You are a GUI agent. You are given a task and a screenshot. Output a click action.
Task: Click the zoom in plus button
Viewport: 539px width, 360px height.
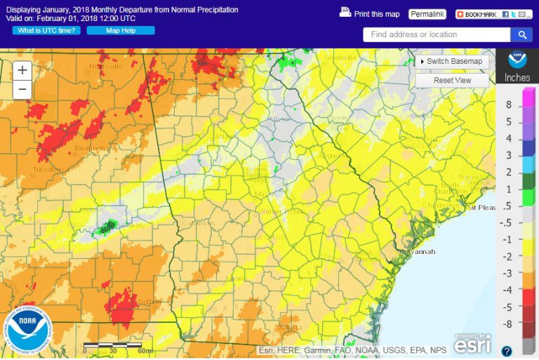[22, 70]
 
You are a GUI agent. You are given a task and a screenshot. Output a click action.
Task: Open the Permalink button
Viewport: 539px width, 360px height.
[427, 14]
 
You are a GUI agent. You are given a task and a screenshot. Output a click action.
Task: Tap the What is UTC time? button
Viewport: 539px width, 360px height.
[46, 30]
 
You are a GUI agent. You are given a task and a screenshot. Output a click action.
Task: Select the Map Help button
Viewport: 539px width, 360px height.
[121, 30]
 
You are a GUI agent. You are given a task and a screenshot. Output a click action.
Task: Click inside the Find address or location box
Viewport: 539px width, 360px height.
[436, 34]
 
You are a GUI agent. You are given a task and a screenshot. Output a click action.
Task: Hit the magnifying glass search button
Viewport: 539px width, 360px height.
[521, 34]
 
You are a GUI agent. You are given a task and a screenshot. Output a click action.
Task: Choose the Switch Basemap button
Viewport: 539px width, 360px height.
[451, 61]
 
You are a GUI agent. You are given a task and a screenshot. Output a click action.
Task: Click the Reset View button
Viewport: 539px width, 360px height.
[452, 80]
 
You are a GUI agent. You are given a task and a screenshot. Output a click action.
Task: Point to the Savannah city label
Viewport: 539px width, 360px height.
[420, 251]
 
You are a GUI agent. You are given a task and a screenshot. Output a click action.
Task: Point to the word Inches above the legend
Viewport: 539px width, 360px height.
[517, 78]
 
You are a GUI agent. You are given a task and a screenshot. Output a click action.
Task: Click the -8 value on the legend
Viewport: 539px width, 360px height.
[508, 324]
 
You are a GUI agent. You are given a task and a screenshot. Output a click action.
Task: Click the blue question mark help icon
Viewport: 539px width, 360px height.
[507, 350]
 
